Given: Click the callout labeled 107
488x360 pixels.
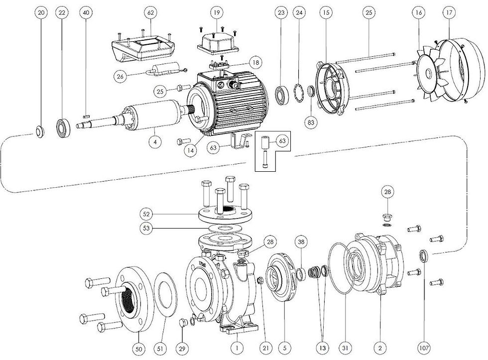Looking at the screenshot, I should [x=425, y=348].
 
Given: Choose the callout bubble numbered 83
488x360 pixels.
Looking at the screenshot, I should [x=312, y=121].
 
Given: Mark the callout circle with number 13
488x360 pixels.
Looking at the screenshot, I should [x=322, y=348].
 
